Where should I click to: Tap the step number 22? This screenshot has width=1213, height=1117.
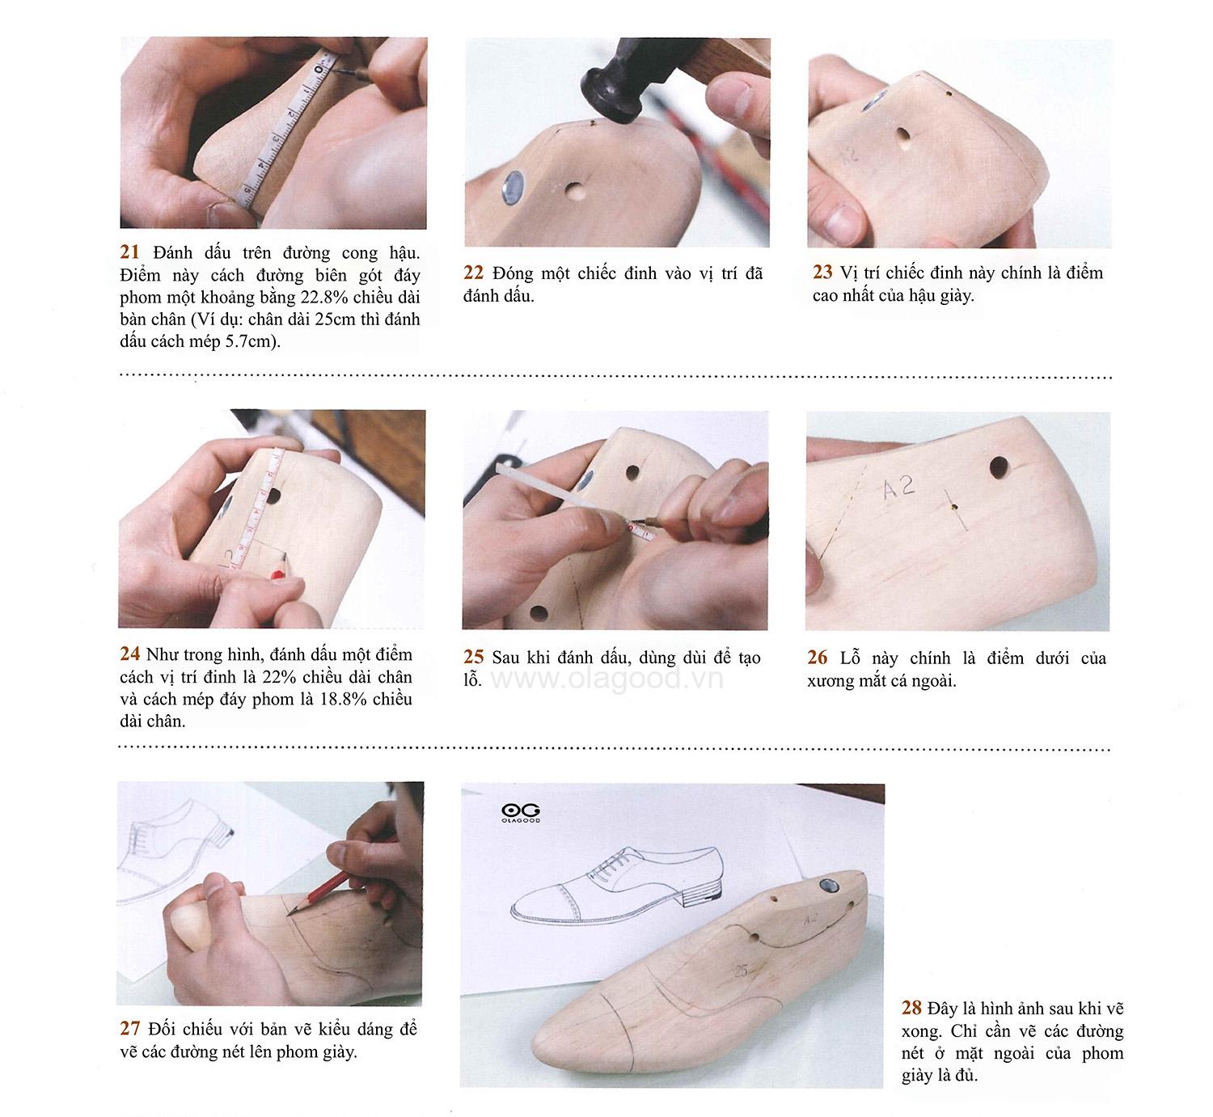tap(474, 273)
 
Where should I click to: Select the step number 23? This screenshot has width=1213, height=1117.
tap(822, 273)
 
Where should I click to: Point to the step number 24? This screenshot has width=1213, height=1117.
tap(129, 654)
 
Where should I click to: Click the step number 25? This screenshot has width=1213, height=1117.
tap(474, 658)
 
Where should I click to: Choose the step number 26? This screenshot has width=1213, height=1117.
tap(817, 658)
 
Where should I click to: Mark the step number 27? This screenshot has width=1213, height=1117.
tap(129, 1030)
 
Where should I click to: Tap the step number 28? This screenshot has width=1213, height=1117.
tap(911, 1009)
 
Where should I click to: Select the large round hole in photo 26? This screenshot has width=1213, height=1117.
tap(1000, 467)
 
